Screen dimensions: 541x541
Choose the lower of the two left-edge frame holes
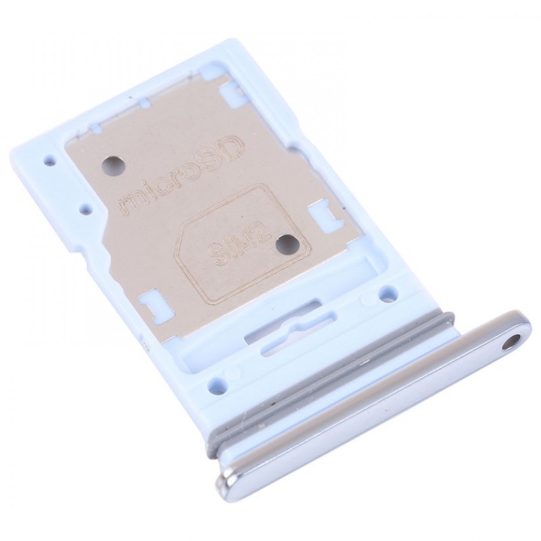(x=83, y=207)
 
